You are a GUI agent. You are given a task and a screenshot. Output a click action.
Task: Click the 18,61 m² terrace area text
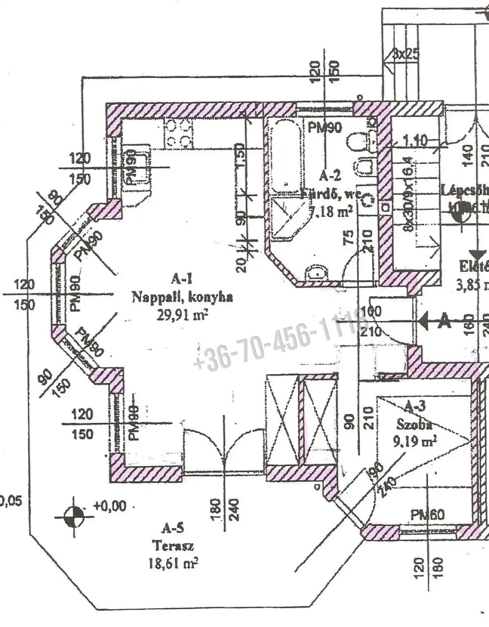coord(173,563)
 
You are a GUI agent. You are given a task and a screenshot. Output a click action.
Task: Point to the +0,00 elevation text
coord(110,506)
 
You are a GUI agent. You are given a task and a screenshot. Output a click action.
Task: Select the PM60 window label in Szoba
coord(427,515)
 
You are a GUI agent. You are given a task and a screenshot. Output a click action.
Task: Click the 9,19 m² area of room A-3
coord(415,442)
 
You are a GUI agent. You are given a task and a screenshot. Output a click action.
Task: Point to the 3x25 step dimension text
coord(405,53)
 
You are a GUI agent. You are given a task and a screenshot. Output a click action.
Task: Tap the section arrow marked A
coord(436,321)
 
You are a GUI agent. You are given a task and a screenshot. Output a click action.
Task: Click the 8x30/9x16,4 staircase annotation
coord(407,192)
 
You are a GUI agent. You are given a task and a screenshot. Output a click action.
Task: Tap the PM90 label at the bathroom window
coord(324,128)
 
